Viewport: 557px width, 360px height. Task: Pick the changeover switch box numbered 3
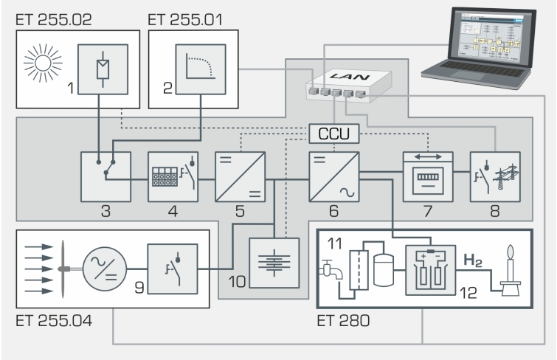(106, 176)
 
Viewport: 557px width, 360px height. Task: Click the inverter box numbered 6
(335, 176)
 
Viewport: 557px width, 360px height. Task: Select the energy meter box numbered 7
(427, 176)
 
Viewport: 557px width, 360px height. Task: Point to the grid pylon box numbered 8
(495, 176)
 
